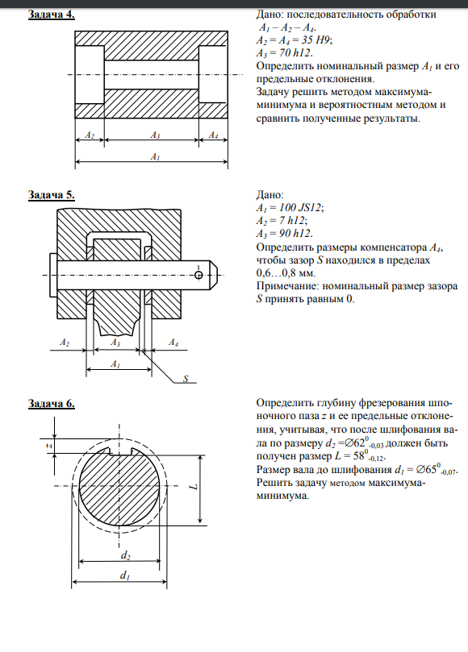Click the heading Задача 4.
point(51,15)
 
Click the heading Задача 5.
point(51,195)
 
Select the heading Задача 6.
point(51,403)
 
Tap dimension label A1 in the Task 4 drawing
point(155,157)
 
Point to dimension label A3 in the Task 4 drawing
point(155,135)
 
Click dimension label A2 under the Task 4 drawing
point(90,135)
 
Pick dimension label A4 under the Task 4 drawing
point(213,135)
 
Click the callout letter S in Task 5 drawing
point(186,379)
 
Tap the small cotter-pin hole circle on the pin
point(198,275)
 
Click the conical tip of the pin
point(213,275)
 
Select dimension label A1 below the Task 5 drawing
point(115,364)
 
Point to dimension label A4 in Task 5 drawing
point(173,343)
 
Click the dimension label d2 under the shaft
point(126,555)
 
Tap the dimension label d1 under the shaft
point(125,575)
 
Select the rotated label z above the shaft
point(48,446)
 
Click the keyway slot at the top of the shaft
point(120,452)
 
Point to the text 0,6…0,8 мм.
point(286,273)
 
